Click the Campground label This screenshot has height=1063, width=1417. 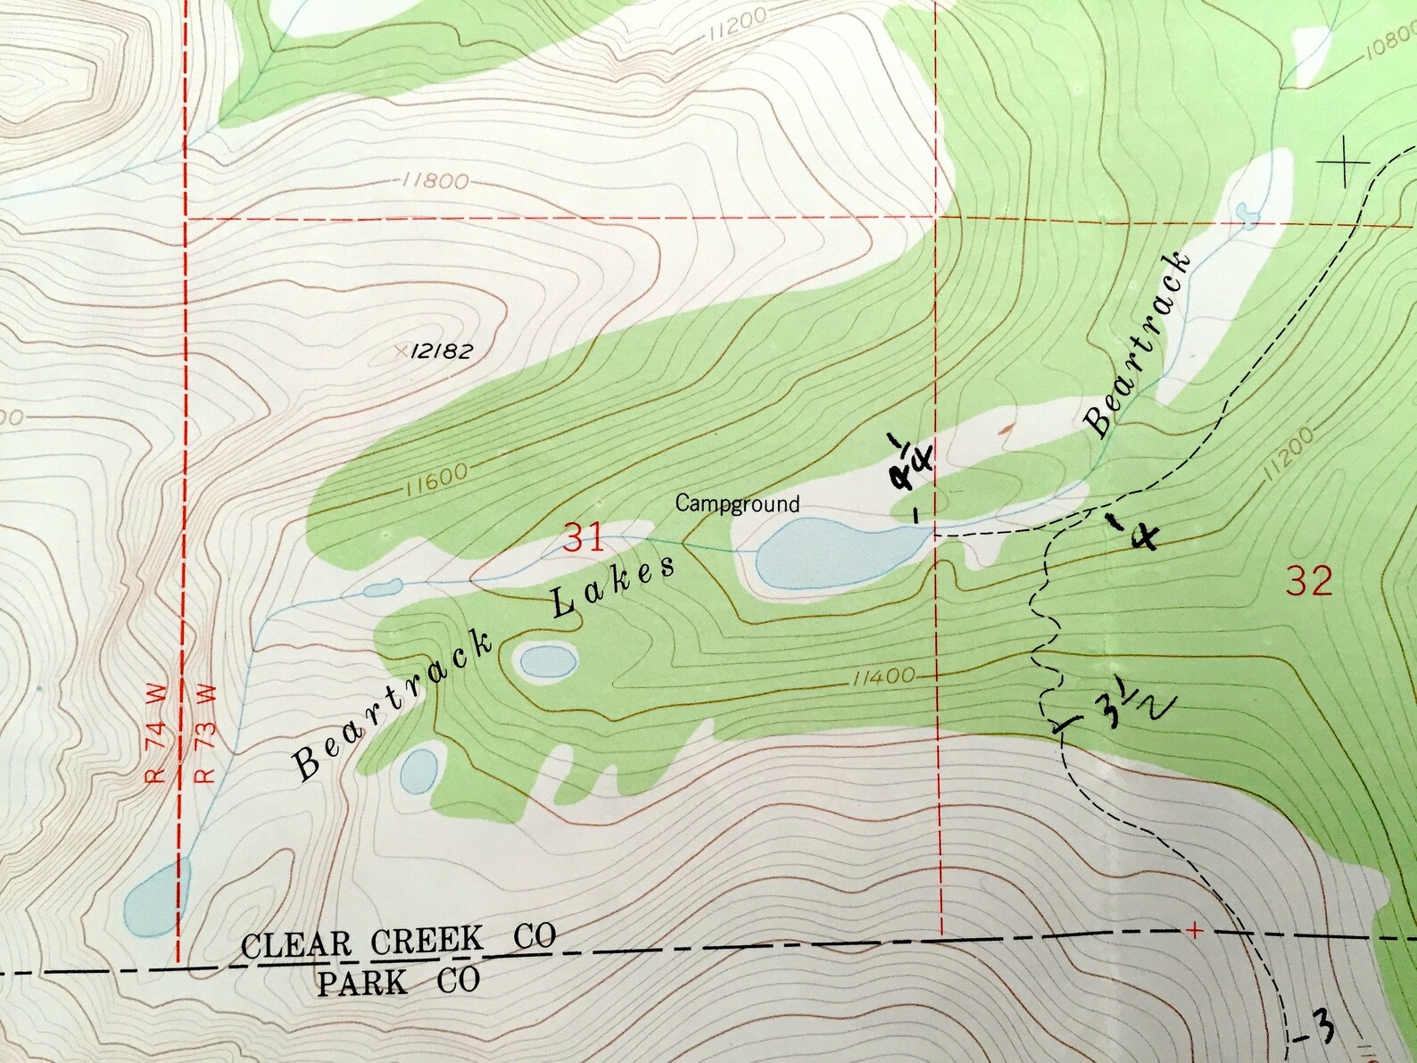pos(736,503)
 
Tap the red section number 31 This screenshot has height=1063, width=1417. pos(584,538)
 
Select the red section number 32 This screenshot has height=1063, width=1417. pos(1309,581)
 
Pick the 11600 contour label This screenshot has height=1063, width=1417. pos(435,483)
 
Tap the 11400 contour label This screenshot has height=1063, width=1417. pos(883,677)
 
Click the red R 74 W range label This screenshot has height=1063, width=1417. pos(156,733)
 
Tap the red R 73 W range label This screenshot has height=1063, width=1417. pos(205,733)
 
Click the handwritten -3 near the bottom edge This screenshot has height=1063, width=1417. pos(1317,1031)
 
